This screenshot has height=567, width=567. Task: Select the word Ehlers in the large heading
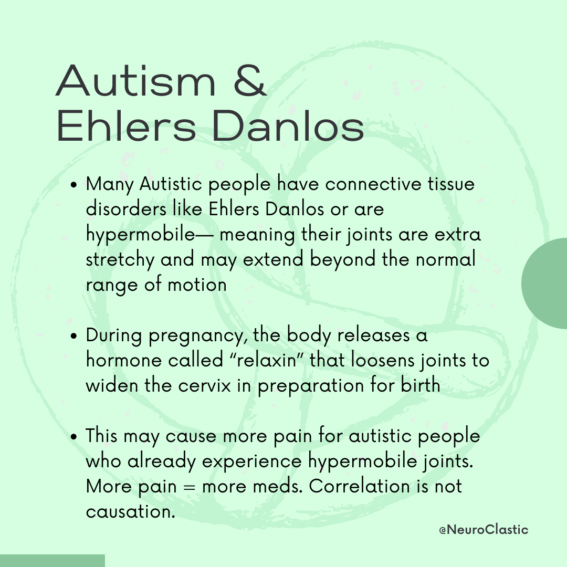[x=127, y=125]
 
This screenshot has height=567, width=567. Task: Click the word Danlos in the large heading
[x=288, y=125]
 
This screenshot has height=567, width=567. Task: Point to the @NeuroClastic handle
[x=484, y=530]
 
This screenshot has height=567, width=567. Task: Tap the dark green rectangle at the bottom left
[x=52, y=561]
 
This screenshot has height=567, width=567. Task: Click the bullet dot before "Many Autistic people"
[x=74, y=185]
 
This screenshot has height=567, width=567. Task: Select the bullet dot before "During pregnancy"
[x=74, y=336]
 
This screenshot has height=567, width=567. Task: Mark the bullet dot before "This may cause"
[x=74, y=436]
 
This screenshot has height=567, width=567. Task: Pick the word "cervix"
[x=204, y=386]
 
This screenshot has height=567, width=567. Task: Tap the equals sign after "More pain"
[x=189, y=487]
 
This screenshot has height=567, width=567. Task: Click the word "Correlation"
[x=359, y=486]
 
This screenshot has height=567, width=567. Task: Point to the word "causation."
[x=131, y=511]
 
